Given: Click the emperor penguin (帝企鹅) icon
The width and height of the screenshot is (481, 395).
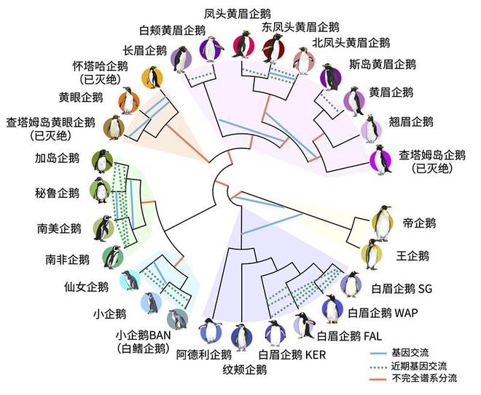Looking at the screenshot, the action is [x=382, y=223].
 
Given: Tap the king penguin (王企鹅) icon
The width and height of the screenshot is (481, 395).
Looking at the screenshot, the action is [x=372, y=254].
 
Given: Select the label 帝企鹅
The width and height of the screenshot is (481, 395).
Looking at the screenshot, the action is [x=419, y=223].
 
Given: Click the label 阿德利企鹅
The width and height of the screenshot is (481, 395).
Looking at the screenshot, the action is [x=203, y=355].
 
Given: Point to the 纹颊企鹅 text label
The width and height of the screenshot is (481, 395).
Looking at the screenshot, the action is [x=244, y=370].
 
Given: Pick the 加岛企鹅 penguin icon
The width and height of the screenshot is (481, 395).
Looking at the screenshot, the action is [x=103, y=161].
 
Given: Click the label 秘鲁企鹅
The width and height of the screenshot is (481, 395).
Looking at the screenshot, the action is [x=57, y=193].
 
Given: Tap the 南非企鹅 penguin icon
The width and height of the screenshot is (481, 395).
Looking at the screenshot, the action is [x=112, y=258].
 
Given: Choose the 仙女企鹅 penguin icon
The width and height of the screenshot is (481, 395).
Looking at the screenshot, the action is [x=130, y=280].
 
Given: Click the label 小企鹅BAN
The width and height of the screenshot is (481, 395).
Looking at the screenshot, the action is [x=143, y=335].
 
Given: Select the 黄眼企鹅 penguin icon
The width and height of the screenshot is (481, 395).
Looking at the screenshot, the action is [x=129, y=100].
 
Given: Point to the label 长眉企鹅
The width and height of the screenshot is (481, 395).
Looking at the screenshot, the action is [x=145, y=50].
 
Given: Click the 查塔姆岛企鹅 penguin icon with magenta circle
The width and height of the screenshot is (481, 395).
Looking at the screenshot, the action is [x=381, y=160].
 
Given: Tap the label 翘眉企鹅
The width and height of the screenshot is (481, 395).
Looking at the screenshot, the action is [x=411, y=122].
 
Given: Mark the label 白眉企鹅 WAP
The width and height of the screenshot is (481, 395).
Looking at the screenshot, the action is [x=383, y=313].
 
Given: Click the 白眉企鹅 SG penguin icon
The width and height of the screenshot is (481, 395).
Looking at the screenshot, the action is [x=351, y=284].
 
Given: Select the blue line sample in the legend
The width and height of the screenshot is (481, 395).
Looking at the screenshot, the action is [x=378, y=354].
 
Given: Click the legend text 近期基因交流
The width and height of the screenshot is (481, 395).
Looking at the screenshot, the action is [x=419, y=366].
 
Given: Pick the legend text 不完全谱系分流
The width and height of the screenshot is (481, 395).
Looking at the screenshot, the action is [x=424, y=378].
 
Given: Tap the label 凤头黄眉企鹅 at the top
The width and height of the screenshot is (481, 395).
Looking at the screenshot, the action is [x=238, y=14].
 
